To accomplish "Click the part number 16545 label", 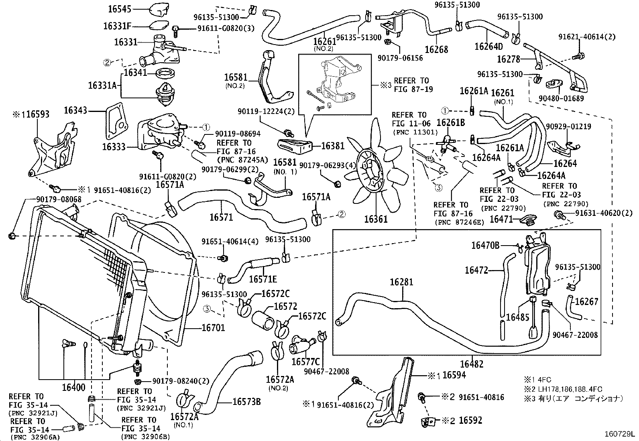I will pos(120,8).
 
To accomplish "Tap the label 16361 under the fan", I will pos(376,219).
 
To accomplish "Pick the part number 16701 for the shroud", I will pos(213,328).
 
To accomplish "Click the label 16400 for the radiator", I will pos(74,387).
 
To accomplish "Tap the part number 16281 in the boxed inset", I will pos(401,282).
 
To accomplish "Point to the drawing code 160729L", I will pos(620,434).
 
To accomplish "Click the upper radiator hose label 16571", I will pos(221,217).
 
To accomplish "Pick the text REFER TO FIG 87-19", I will pos(411,85).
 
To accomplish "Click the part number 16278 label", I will pos(509,59).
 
